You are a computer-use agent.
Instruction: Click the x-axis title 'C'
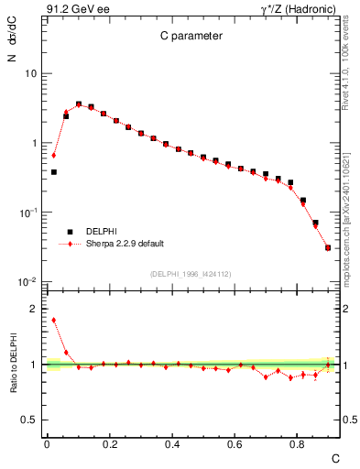[x=335, y=458]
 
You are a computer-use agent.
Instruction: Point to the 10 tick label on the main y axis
[x=31, y=73]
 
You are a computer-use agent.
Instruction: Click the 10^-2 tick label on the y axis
[x=27, y=282]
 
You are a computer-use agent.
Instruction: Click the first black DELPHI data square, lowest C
[x=53, y=171]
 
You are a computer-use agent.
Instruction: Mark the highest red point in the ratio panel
[x=53, y=320]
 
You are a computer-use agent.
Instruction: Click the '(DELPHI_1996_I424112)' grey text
[x=191, y=273]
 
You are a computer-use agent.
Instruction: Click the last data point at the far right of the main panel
[x=328, y=247]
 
